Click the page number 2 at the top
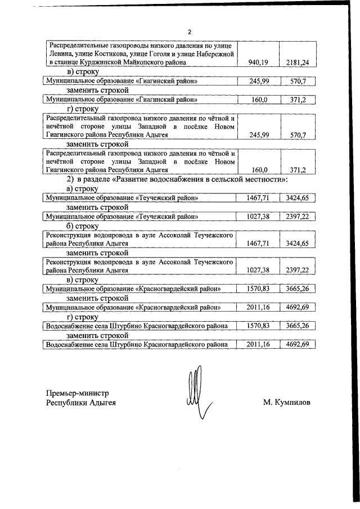click(190, 31)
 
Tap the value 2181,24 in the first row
click(296, 62)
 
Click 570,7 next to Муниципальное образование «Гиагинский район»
click(296, 82)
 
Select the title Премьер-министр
click(76, 393)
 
